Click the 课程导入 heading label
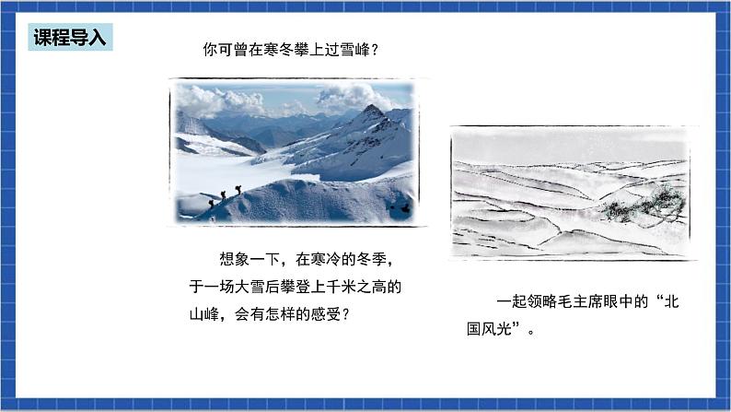[x=70, y=37]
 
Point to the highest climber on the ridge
[x=238, y=190]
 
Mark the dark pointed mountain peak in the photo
[x=372, y=111]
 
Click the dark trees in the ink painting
[x=644, y=204]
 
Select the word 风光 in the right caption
[x=512, y=328]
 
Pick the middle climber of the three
[x=223, y=195]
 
